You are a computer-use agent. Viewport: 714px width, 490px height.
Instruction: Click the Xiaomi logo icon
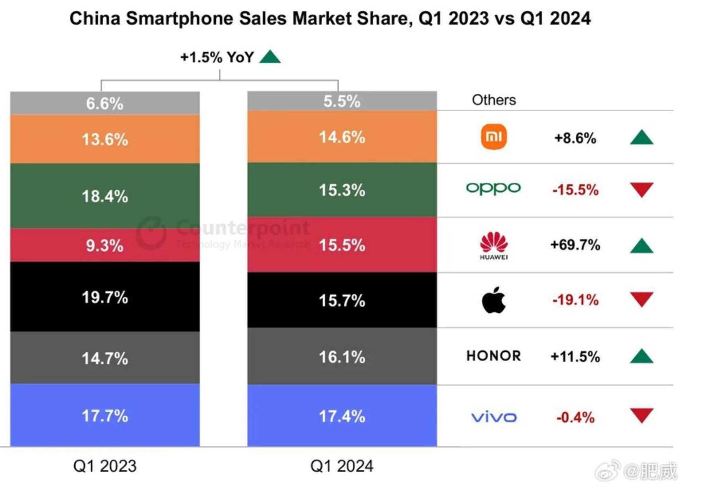coord(494,137)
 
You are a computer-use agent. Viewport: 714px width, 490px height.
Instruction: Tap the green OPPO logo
coord(493,188)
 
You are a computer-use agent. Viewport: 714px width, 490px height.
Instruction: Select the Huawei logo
coord(494,245)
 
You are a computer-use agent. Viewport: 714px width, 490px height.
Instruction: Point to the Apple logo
coord(494,300)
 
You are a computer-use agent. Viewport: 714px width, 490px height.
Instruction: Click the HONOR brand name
coord(494,356)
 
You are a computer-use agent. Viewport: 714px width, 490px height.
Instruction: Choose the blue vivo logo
coord(494,417)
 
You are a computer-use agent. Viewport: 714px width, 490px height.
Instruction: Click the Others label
coord(494,100)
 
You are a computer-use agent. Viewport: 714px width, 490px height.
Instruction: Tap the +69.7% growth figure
coord(575,245)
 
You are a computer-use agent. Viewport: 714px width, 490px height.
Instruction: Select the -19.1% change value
coord(575,300)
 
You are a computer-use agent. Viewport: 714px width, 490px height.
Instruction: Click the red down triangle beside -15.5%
coord(641,189)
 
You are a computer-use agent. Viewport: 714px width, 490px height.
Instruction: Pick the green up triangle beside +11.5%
coord(641,356)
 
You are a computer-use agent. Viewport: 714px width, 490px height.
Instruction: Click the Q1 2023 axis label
coord(105,466)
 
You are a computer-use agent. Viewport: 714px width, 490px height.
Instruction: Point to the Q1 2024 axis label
coord(342,466)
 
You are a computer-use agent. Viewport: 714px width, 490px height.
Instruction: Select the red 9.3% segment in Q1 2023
coord(105,245)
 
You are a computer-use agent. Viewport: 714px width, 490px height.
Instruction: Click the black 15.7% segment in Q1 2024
coord(342,300)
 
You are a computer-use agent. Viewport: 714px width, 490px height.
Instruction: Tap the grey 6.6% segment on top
coord(105,103)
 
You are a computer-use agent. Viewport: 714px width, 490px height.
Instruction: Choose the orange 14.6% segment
coord(342,137)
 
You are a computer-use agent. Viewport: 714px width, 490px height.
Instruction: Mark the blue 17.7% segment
coord(105,416)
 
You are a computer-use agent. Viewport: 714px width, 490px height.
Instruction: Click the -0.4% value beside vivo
coord(575,417)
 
